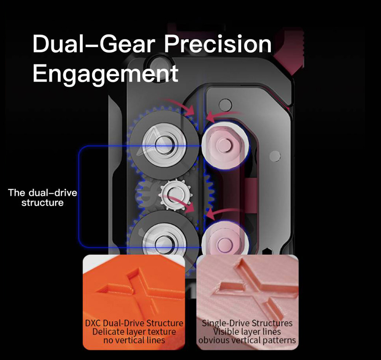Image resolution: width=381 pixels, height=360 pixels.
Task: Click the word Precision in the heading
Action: (x=218, y=45)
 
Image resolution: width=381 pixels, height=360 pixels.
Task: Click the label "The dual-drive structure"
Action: (x=42, y=198)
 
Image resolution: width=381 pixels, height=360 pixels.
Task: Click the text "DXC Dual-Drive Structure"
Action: (x=134, y=323)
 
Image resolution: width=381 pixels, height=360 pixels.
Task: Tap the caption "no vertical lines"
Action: (x=134, y=340)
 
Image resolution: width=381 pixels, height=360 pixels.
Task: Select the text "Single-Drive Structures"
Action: (x=247, y=323)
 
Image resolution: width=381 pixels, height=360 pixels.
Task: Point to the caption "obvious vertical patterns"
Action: (x=247, y=340)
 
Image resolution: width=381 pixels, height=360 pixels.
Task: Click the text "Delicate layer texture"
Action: (x=134, y=331)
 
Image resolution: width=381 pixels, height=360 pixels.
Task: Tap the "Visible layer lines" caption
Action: (x=247, y=331)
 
